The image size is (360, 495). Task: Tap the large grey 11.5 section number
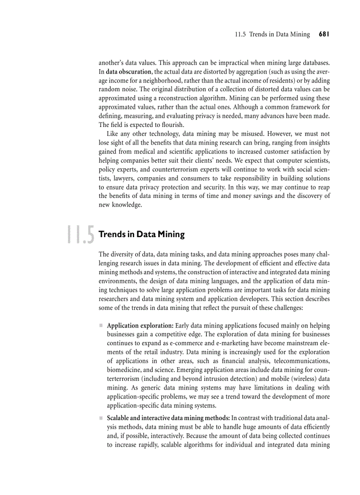[x=80, y=234]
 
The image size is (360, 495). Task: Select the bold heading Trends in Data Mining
[x=142, y=234]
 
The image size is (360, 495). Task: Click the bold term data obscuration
[x=128, y=72]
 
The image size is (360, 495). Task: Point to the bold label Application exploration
[x=140, y=326]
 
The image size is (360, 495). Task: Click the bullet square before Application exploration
[x=101, y=326]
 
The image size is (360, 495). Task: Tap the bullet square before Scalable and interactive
[x=101, y=418]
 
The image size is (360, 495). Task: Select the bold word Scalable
[x=119, y=418]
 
